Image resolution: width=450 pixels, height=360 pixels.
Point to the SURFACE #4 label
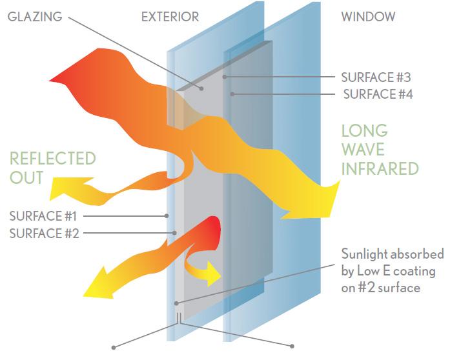pos(378,94)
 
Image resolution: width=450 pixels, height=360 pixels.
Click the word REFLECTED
pos(53,158)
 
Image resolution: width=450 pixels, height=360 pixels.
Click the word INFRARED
pos(380,169)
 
